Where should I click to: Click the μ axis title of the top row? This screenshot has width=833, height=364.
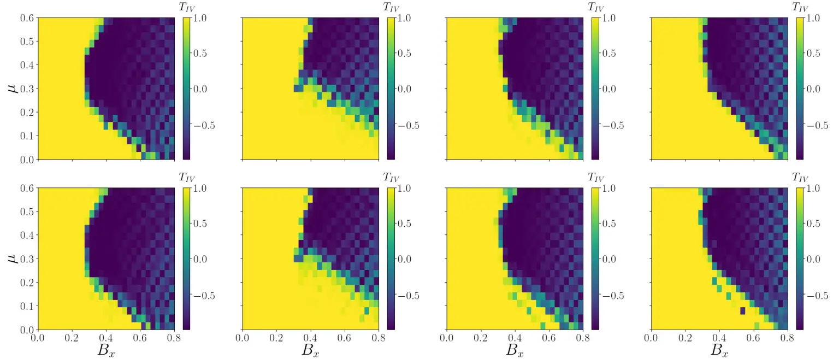coord(14,86)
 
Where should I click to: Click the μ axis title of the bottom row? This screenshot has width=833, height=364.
coord(14,256)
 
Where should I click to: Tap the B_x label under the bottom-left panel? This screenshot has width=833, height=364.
coord(106,351)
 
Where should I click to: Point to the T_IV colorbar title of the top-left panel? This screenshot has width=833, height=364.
coord(187,7)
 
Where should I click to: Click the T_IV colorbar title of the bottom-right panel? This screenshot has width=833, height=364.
coord(800,178)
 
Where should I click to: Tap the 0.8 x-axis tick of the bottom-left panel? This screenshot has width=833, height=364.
coord(174,339)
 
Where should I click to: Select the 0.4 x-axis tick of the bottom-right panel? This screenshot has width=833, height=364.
coord(719,339)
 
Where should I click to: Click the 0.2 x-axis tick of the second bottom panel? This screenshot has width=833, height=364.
coord(276,339)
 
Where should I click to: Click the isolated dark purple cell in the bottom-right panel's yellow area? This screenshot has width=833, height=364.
coord(742,311)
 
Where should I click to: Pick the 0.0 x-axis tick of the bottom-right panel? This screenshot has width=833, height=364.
coord(651,339)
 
